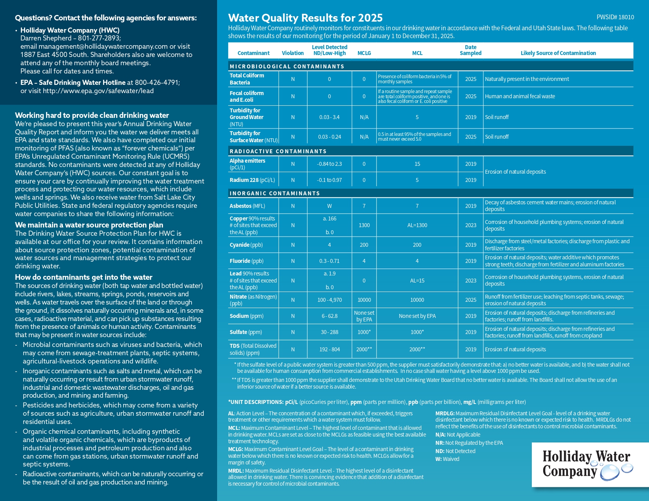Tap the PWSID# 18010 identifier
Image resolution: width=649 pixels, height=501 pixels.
tap(615, 17)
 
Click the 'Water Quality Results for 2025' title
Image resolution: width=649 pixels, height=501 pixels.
tap(305, 18)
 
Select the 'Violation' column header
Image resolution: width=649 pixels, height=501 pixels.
tap(293, 53)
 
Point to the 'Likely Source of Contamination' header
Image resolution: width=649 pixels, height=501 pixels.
tap(558, 53)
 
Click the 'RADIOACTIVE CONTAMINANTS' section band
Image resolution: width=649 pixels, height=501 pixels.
tap(278, 151)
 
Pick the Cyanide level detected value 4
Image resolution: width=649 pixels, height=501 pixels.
tap(329, 245)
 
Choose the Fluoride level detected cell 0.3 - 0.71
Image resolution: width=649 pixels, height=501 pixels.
tap(329, 261)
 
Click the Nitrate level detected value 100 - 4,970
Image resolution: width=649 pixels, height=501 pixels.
tap(330, 300)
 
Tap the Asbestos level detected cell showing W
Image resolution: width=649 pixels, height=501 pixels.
tap(329, 206)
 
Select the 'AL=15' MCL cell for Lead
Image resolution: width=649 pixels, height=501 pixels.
tap(417, 281)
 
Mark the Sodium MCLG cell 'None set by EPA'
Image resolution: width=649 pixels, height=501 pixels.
tap(364, 316)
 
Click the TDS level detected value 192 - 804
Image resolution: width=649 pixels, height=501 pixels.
tap(329, 349)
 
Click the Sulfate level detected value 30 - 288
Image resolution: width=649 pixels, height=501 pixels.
tap(329, 332)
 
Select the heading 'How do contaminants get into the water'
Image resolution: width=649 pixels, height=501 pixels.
tap(83, 277)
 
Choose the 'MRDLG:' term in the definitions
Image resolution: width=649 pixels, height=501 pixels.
tap(445, 413)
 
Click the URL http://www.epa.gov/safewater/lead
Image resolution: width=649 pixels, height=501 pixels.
tap(98, 91)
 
